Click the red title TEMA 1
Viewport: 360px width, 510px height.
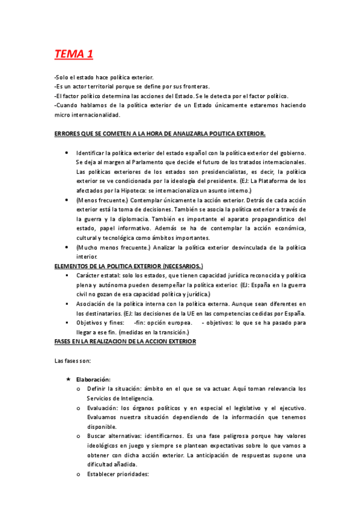tap(73, 55)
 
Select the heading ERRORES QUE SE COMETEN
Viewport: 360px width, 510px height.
tap(160, 132)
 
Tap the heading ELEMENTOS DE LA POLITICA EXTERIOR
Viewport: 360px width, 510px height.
tap(128, 265)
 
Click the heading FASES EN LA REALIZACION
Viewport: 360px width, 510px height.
tap(125, 341)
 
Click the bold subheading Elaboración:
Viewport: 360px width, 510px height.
tap(93, 379)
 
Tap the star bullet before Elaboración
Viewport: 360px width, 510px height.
tap(69, 379)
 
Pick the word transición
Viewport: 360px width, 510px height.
tap(170, 332)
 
